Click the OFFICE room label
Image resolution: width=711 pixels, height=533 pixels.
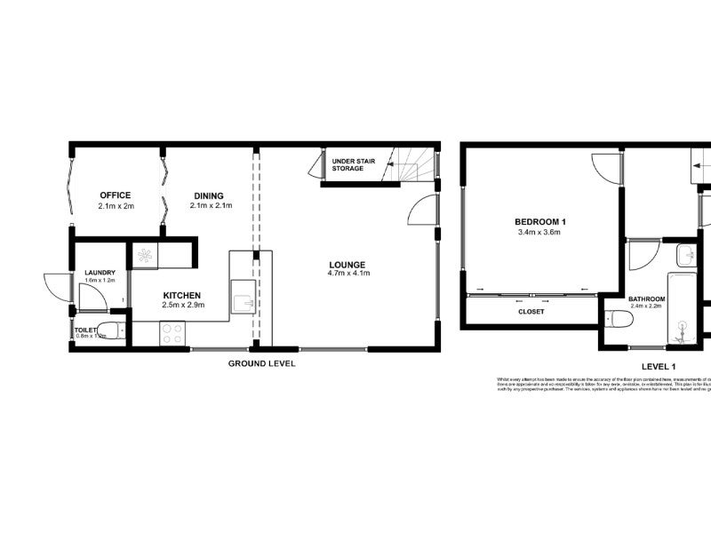tap(116, 195)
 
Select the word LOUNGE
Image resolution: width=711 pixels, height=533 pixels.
tap(348, 264)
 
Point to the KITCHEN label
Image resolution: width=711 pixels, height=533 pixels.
tap(181, 295)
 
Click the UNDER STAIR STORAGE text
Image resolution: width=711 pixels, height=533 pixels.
tap(348, 163)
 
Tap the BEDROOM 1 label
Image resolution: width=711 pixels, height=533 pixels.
tap(539, 221)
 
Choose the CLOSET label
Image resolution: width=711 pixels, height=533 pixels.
tap(531, 312)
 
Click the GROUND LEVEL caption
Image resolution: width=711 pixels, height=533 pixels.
tap(261, 363)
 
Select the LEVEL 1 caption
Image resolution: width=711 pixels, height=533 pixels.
tap(659, 366)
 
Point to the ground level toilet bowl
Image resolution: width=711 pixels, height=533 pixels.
tap(109, 332)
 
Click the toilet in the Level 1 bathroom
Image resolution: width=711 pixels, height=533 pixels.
tap(619, 318)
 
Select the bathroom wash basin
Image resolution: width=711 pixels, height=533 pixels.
tap(685, 257)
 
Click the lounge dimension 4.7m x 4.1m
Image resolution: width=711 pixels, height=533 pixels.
tap(348, 274)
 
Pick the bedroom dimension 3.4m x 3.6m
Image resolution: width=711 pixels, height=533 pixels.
tap(539, 232)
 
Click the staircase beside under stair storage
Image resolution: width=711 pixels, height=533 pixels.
tap(416, 165)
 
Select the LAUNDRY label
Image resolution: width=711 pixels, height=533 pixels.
tap(100, 273)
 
